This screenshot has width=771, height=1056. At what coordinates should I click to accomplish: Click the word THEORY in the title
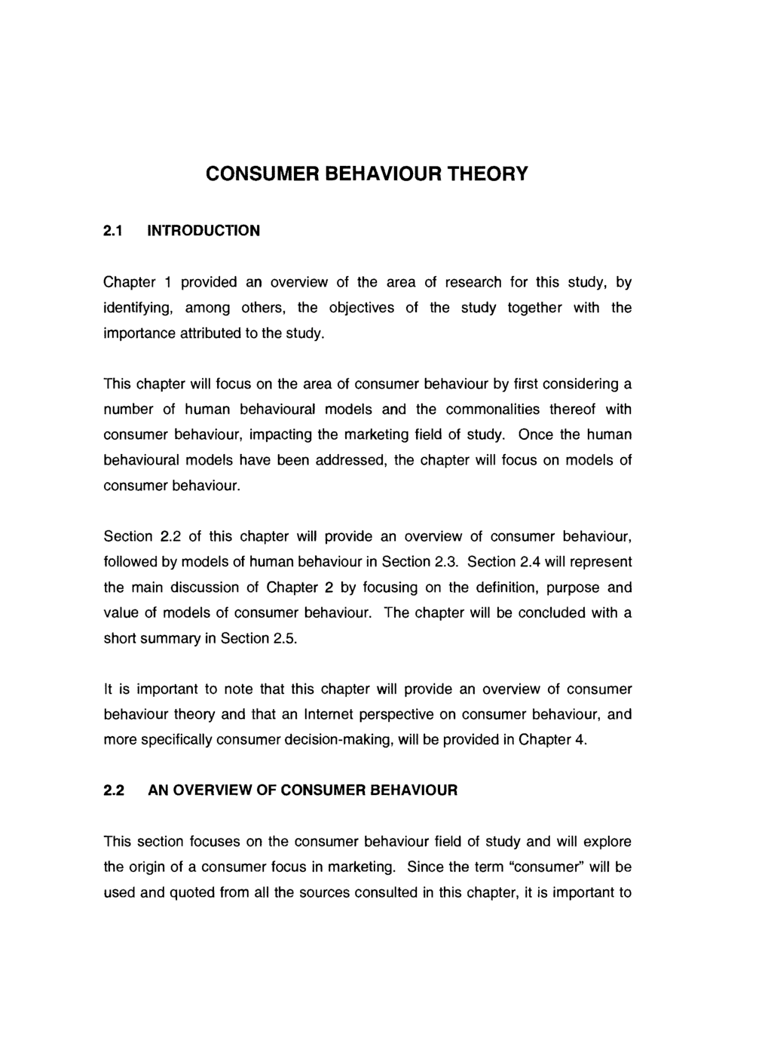tap(485, 174)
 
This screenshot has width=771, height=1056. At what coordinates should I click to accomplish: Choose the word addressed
tap(344, 460)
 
